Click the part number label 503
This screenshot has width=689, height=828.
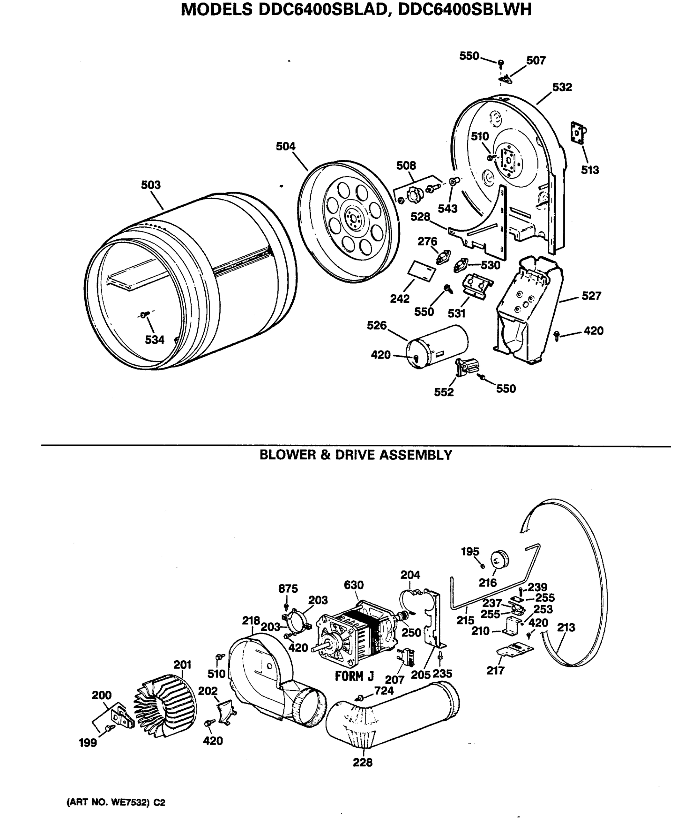pyautogui.click(x=151, y=185)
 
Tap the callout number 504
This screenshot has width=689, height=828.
pyautogui.click(x=285, y=146)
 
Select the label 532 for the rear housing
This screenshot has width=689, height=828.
pyautogui.click(x=562, y=87)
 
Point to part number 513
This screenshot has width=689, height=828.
pyautogui.click(x=590, y=170)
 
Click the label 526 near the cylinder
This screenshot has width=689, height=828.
pyautogui.click(x=377, y=325)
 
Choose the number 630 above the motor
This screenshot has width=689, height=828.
pyautogui.click(x=353, y=585)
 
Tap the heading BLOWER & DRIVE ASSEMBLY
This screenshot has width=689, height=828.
pyautogui.click(x=356, y=455)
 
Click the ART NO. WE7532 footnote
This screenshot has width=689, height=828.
pyautogui.click(x=116, y=802)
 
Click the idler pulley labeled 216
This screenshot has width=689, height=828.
pyautogui.click(x=499, y=560)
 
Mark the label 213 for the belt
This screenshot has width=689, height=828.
pyautogui.click(x=566, y=627)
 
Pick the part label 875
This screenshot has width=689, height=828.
pyautogui.click(x=288, y=589)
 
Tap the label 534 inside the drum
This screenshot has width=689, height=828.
pyautogui.click(x=154, y=340)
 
